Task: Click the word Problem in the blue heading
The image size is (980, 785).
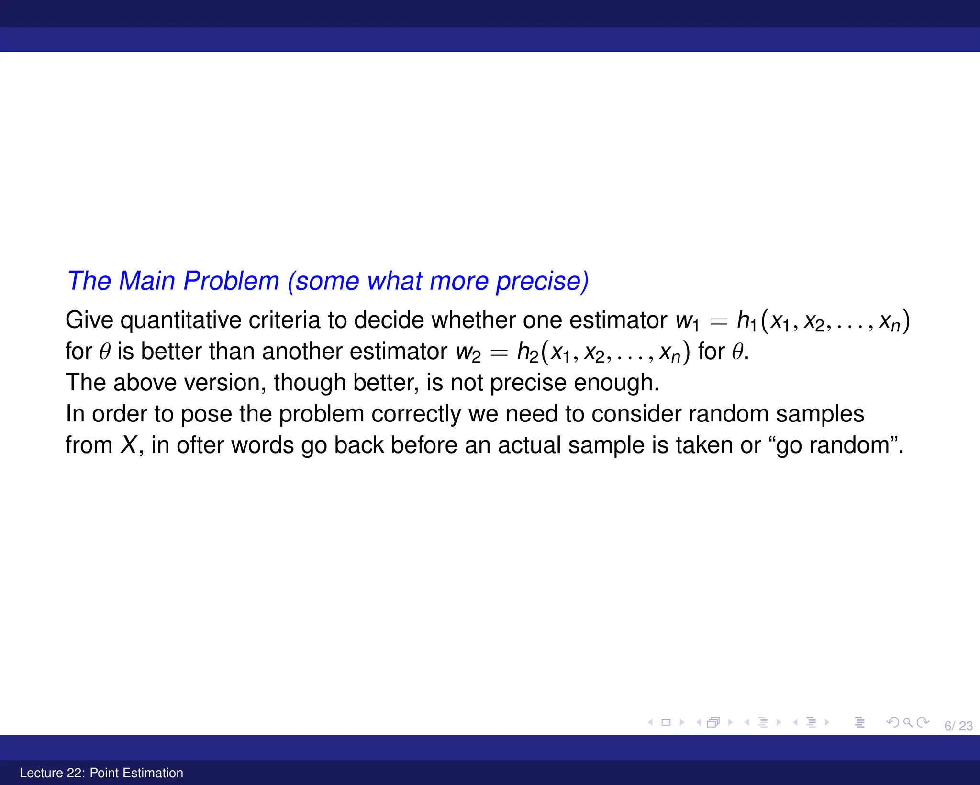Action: point(231,281)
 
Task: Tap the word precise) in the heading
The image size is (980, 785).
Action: point(542,281)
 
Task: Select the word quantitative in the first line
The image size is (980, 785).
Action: point(180,320)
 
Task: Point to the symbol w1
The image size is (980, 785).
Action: point(687,321)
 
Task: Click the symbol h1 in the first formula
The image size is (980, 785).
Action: point(746,321)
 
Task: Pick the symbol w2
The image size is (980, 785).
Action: point(468,352)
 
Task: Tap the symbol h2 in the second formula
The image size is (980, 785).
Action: point(527,352)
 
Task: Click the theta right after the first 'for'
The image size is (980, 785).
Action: point(104,352)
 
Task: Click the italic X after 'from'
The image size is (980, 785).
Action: point(128,445)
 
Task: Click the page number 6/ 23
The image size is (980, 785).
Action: point(958,726)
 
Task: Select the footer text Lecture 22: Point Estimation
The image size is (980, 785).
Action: point(101,773)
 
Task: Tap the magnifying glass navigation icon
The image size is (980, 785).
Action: point(907,722)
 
